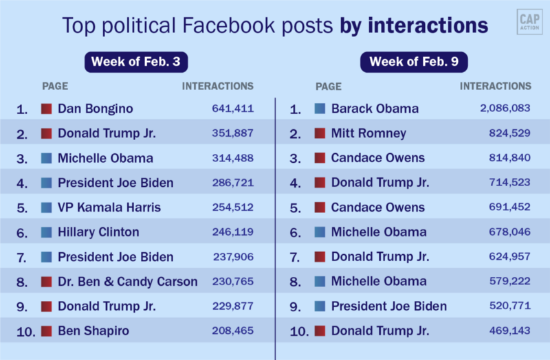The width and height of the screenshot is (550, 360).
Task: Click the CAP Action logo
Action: coord(528,23)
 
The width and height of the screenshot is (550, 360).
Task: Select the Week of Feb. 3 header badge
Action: coord(136,62)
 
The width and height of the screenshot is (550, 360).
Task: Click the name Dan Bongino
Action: coord(96,109)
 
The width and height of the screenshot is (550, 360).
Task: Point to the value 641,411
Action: coord(232,109)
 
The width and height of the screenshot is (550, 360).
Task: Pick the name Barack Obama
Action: coord(375,109)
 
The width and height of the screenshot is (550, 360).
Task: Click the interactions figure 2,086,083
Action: coord(505,109)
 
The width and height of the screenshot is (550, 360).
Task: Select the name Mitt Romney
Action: coord(368,133)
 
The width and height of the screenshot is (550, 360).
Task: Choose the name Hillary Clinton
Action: coord(98,232)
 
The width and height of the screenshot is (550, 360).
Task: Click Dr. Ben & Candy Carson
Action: coord(128,282)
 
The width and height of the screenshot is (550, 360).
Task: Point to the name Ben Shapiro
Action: coord(93,331)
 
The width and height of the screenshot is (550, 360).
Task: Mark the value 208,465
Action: coord(232,331)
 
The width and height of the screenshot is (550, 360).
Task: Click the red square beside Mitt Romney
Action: coord(320,133)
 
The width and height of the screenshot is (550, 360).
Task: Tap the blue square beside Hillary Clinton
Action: coord(47,232)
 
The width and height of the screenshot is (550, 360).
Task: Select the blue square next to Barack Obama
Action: coord(320,109)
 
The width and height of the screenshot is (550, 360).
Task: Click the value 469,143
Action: coord(510,331)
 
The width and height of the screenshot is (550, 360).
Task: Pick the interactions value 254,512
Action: coord(232,207)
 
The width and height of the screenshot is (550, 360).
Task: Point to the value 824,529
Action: coord(510,133)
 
